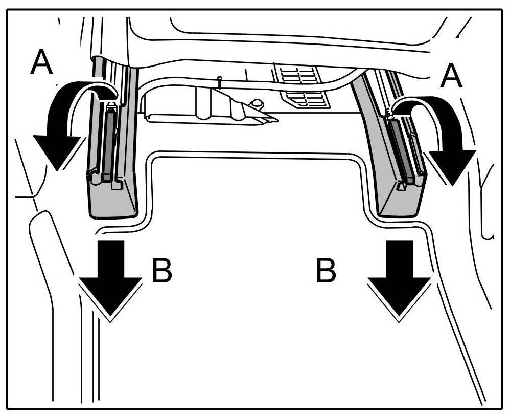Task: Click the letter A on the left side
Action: pos(42,63)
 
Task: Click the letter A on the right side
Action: pos(451,77)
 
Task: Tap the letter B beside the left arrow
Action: pos(162,270)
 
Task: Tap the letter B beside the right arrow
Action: pos(326,270)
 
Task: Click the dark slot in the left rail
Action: pos(109,143)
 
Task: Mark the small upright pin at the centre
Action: pos(219,82)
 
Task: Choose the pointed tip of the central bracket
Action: pos(274,121)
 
